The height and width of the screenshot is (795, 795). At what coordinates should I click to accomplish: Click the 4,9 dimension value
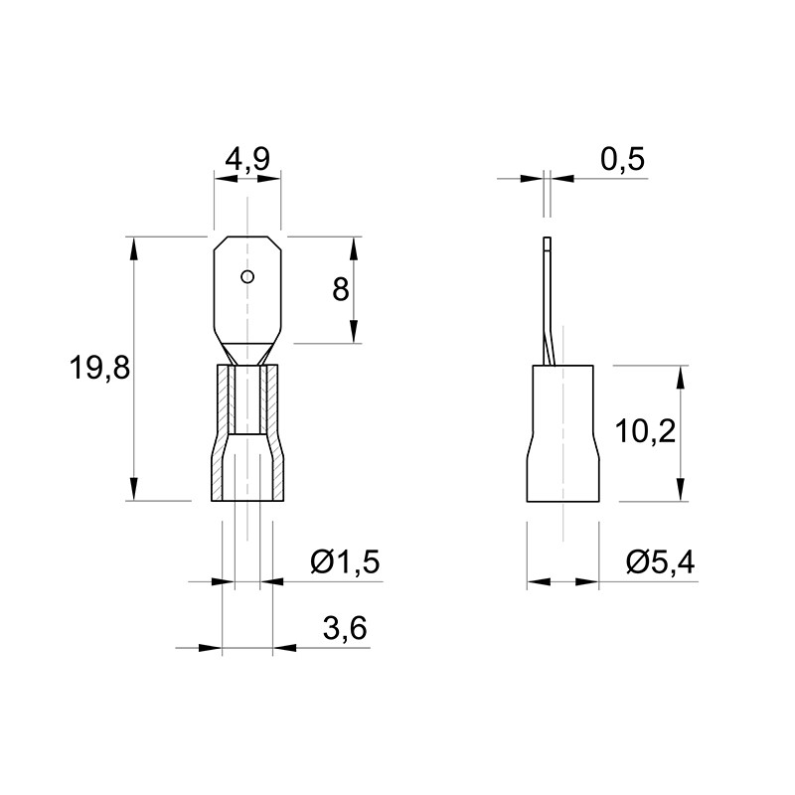[x=247, y=160]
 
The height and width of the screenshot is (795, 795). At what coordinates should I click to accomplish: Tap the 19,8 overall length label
[x=100, y=368]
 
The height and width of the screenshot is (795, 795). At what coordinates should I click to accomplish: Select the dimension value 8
[x=341, y=290]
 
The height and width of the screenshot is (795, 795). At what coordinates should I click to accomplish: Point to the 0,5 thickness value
[x=623, y=160]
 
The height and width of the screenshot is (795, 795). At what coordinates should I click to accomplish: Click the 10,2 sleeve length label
[x=645, y=432]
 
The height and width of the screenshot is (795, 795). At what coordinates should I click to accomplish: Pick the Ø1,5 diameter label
[x=345, y=561]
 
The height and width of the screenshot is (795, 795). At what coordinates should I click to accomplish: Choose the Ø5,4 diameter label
[x=661, y=561]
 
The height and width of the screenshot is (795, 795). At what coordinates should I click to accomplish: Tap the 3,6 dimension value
[x=345, y=629]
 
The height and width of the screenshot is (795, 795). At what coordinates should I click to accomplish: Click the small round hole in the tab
[x=247, y=277]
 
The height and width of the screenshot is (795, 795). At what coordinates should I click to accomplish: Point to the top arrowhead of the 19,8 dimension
[x=134, y=248]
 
